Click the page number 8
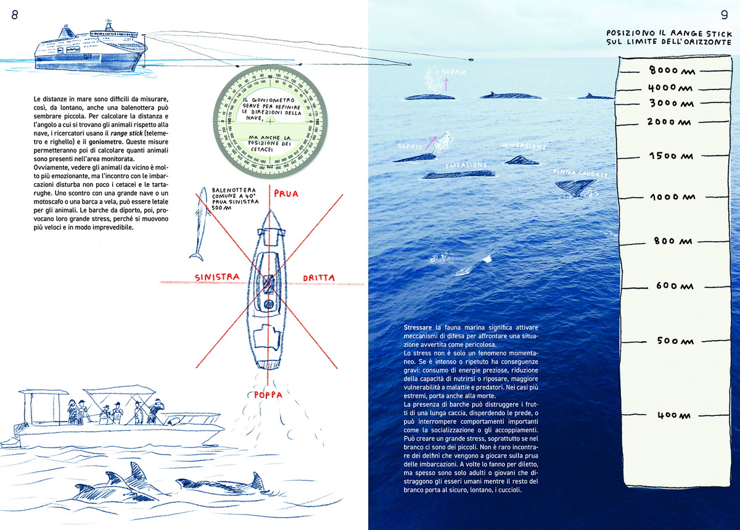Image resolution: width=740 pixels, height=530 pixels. (15, 15)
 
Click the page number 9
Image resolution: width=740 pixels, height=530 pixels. (725, 15)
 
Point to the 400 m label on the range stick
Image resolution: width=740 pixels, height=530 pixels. (671, 415)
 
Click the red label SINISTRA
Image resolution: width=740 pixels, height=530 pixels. (216, 277)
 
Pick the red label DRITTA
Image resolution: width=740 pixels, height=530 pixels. (319, 278)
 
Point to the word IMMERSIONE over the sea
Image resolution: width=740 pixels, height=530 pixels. (523, 147)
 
